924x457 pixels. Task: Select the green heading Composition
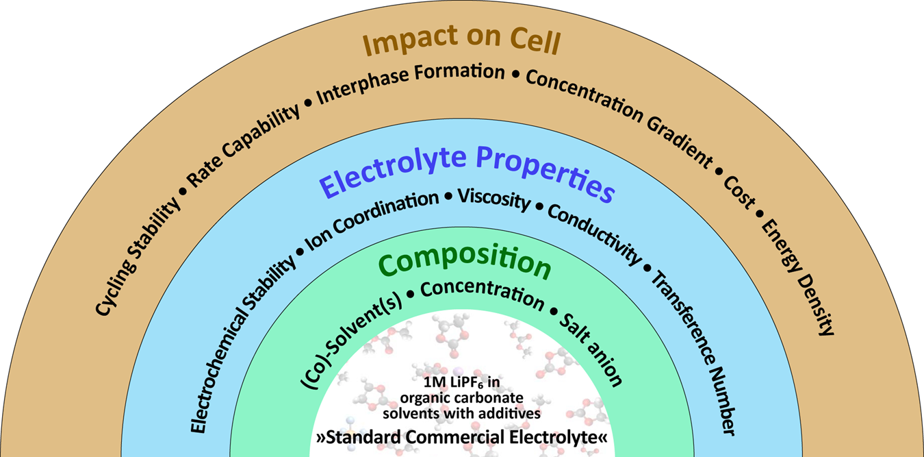pos(464,263)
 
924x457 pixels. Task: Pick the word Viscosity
pos(494,201)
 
